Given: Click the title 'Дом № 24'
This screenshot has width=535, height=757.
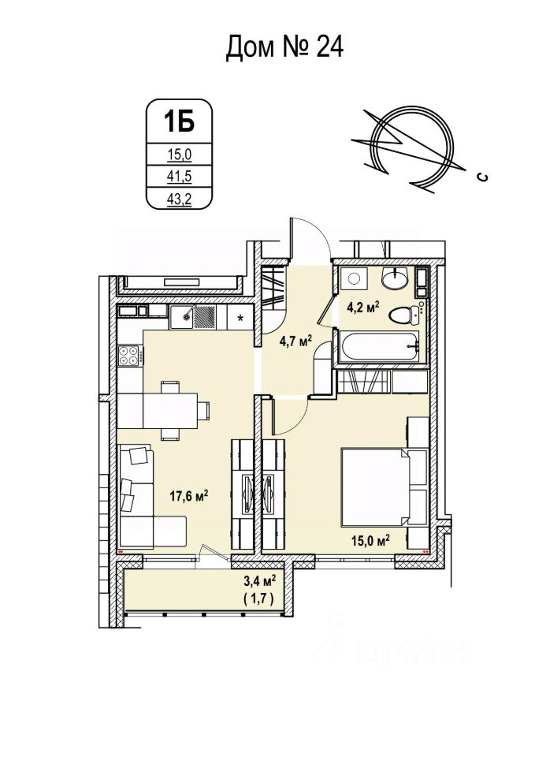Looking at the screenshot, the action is (x=284, y=48).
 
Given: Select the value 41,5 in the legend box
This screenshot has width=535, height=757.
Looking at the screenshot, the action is (x=179, y=178).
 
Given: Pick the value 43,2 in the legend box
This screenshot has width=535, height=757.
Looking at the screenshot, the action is (x=179, y=200).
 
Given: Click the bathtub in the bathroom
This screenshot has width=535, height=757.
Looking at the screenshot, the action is (x=377, y=347).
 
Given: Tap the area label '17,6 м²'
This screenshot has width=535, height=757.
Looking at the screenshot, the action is (x=189, y=496).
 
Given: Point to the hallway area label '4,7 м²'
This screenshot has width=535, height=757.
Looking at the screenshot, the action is (x=296, y=341).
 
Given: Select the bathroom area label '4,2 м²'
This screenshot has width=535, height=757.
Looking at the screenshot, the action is (x=365, y=307).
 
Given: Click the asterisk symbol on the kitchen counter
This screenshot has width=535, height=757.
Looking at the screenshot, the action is (x=241, y=318).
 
